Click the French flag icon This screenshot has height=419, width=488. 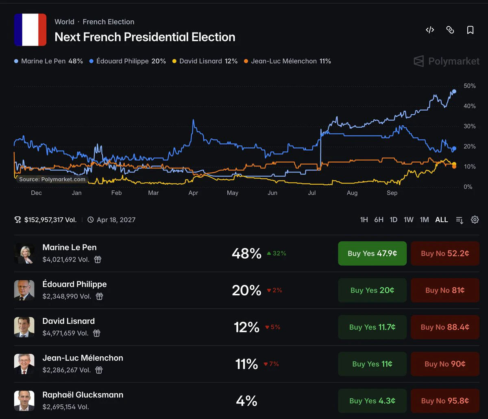coord(30,30)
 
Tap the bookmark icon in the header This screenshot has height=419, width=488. coord(470,30)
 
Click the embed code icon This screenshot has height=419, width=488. coord(430,30)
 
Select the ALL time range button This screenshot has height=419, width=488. coord(441,220)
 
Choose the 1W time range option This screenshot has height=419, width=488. coord(408,220)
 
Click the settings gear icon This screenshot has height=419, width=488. coord(475,220)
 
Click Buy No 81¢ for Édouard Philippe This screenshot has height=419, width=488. coord(445,290)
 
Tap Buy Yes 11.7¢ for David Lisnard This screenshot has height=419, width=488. coord(372,327)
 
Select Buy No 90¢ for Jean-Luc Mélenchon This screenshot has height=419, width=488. coord(445,364)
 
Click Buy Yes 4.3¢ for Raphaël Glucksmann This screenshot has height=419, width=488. coord(372,401)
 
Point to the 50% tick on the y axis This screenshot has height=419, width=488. coord(469,86)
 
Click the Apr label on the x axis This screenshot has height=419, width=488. coord(193,193)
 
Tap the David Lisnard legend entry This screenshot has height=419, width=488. coord(205,61)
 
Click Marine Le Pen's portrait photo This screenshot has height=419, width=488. coord(24,253)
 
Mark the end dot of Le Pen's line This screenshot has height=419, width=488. coord(454,92)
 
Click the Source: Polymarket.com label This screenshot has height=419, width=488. coord(52,179)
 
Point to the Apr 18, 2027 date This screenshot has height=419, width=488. coord(116,220)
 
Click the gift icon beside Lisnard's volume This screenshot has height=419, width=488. coord(96,333)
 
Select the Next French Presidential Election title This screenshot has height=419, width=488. coord(145,37)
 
